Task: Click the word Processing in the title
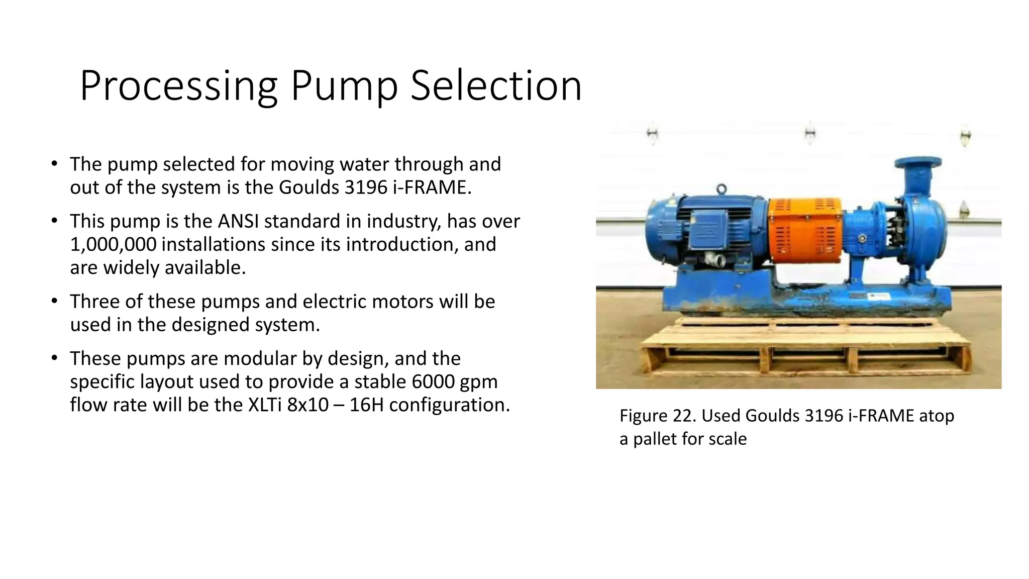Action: [178, 86]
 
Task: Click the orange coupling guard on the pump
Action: [805, 230]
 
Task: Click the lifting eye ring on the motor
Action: [722, 189]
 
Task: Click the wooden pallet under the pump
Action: [804, 352]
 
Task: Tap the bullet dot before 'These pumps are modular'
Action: [54, 359]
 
